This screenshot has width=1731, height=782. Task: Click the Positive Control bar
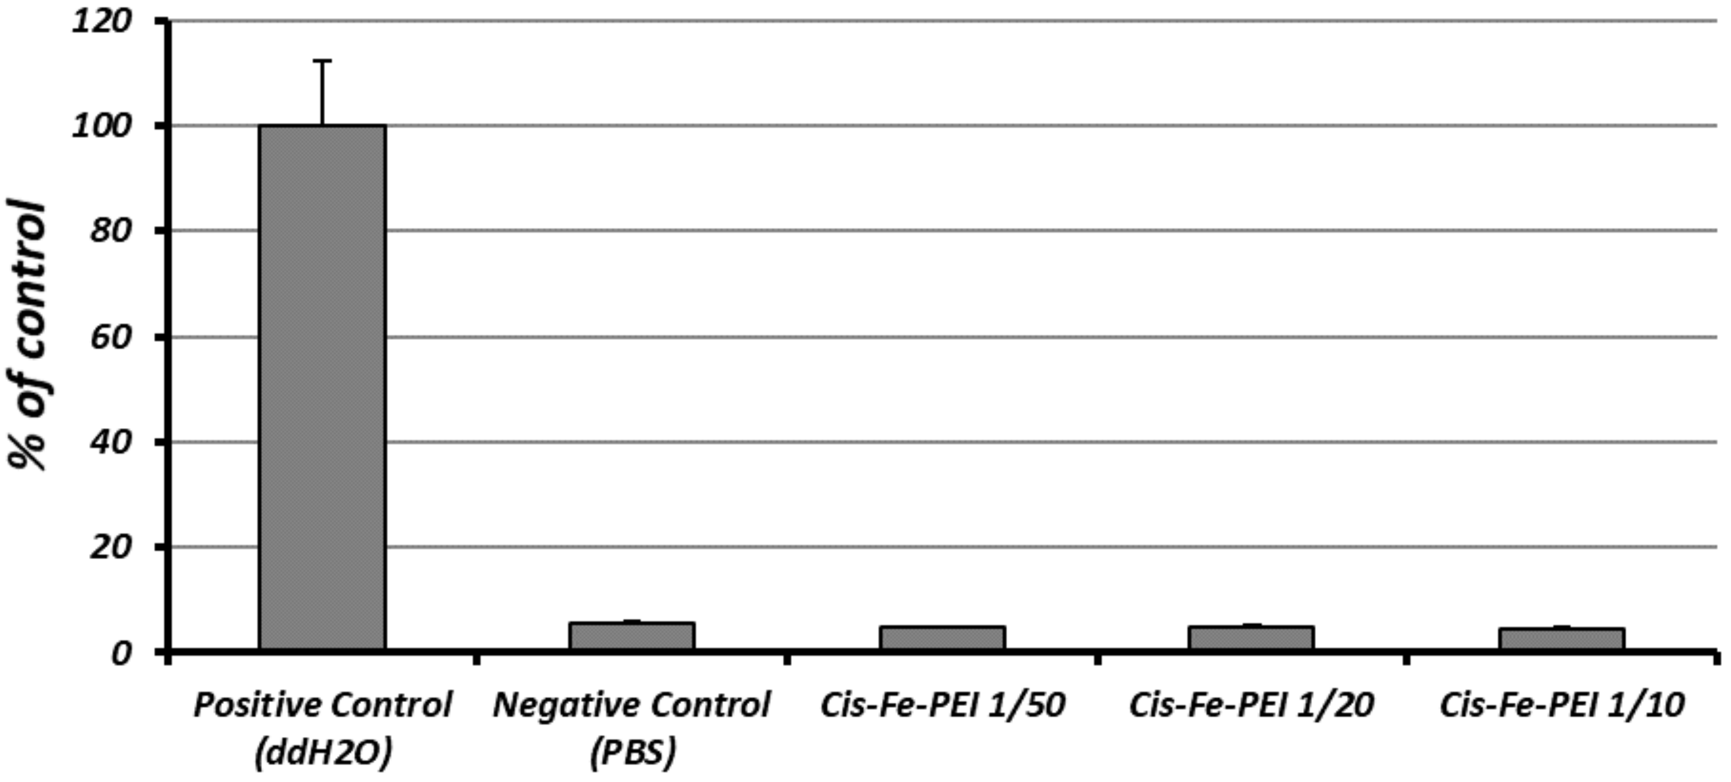(323, 386)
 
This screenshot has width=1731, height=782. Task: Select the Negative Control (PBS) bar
(632, 635)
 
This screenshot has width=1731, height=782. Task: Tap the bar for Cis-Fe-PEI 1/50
(942, 637)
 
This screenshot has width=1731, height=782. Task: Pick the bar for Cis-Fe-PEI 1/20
(1251, 637)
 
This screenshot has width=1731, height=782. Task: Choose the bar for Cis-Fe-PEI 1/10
(1562, 638)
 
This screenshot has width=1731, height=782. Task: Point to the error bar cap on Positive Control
(323, 61)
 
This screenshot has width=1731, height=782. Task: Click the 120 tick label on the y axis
(102, 21)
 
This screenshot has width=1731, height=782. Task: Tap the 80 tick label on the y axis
(111, 231)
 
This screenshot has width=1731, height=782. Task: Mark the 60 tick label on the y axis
(111, 337)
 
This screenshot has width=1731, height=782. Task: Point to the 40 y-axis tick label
(111, 442)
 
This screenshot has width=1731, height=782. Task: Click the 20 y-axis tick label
(111, 547)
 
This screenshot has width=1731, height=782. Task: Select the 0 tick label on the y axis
(121, 652)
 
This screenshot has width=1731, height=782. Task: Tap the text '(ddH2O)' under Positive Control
(323, 754)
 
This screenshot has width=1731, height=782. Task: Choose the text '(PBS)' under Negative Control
(632, 754)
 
